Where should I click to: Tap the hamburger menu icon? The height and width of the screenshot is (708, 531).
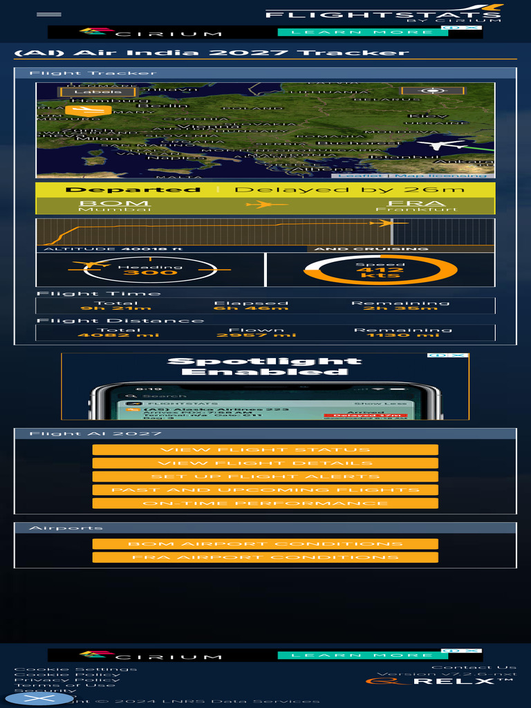click(48, 14)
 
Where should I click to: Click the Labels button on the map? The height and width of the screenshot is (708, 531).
click(88, 92)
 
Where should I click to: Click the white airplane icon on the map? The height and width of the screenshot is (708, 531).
click(442, 145)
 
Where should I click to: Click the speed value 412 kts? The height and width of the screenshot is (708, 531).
click(380, 272)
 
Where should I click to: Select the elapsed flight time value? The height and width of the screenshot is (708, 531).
click(251, 308)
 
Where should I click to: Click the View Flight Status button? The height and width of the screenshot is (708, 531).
click(265, 450)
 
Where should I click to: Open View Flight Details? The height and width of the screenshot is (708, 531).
click(265, 463)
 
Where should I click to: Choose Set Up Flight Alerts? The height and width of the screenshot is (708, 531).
click(265, 476)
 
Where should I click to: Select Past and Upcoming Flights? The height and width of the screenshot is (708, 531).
click(265, 490)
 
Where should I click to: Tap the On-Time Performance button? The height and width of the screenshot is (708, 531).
click(265, 503)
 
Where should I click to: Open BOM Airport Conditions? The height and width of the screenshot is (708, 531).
click(265, 544)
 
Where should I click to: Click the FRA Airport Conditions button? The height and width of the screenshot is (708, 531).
click(265, 557)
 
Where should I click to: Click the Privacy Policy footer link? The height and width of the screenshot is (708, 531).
click(67, 680)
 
